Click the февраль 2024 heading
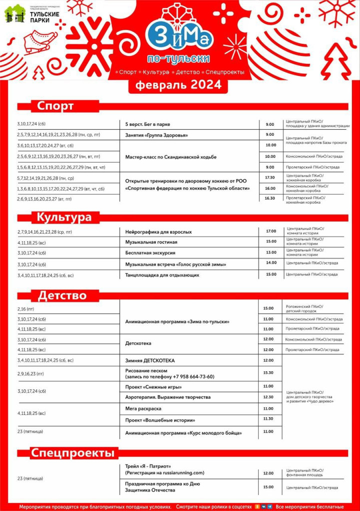tap(178, 85)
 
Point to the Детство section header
tap(62, 295)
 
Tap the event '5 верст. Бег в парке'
tap(148, 124)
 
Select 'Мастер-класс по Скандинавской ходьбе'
tap(171, 157)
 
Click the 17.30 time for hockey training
tap(270, 177)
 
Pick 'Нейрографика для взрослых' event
tap(158, 232)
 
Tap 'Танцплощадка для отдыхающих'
tap(162, 274)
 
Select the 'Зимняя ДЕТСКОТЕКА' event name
tap(150, 360)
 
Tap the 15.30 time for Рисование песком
tap(268, 373)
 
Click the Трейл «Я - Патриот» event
tap(148, 466)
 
